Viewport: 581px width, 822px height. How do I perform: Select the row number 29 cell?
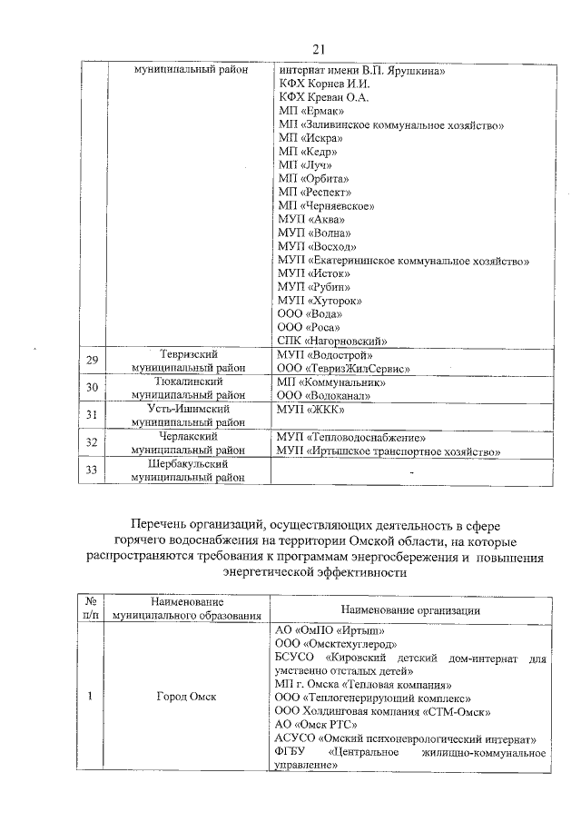91,361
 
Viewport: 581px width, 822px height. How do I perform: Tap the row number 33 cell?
91,470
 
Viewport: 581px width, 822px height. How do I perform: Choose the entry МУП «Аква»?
310,219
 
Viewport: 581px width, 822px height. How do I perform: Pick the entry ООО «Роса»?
309,327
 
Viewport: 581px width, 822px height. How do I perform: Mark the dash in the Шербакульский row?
411,472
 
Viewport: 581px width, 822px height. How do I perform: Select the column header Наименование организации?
410,609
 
